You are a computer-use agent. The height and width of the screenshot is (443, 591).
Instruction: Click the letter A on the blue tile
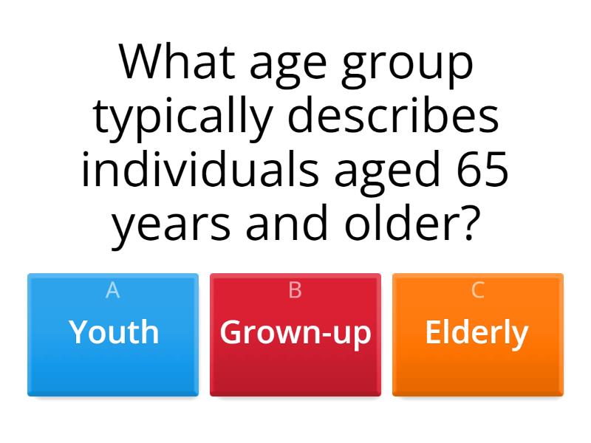[113, 291]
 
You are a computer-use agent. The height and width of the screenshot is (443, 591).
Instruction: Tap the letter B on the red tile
[295, 291]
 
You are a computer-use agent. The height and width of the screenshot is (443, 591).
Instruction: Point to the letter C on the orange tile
[477, 291]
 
